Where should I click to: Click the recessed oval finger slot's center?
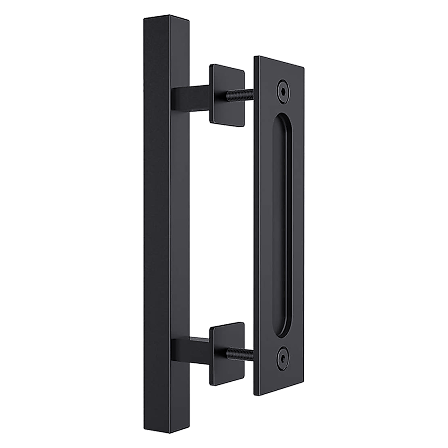point(282,224)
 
